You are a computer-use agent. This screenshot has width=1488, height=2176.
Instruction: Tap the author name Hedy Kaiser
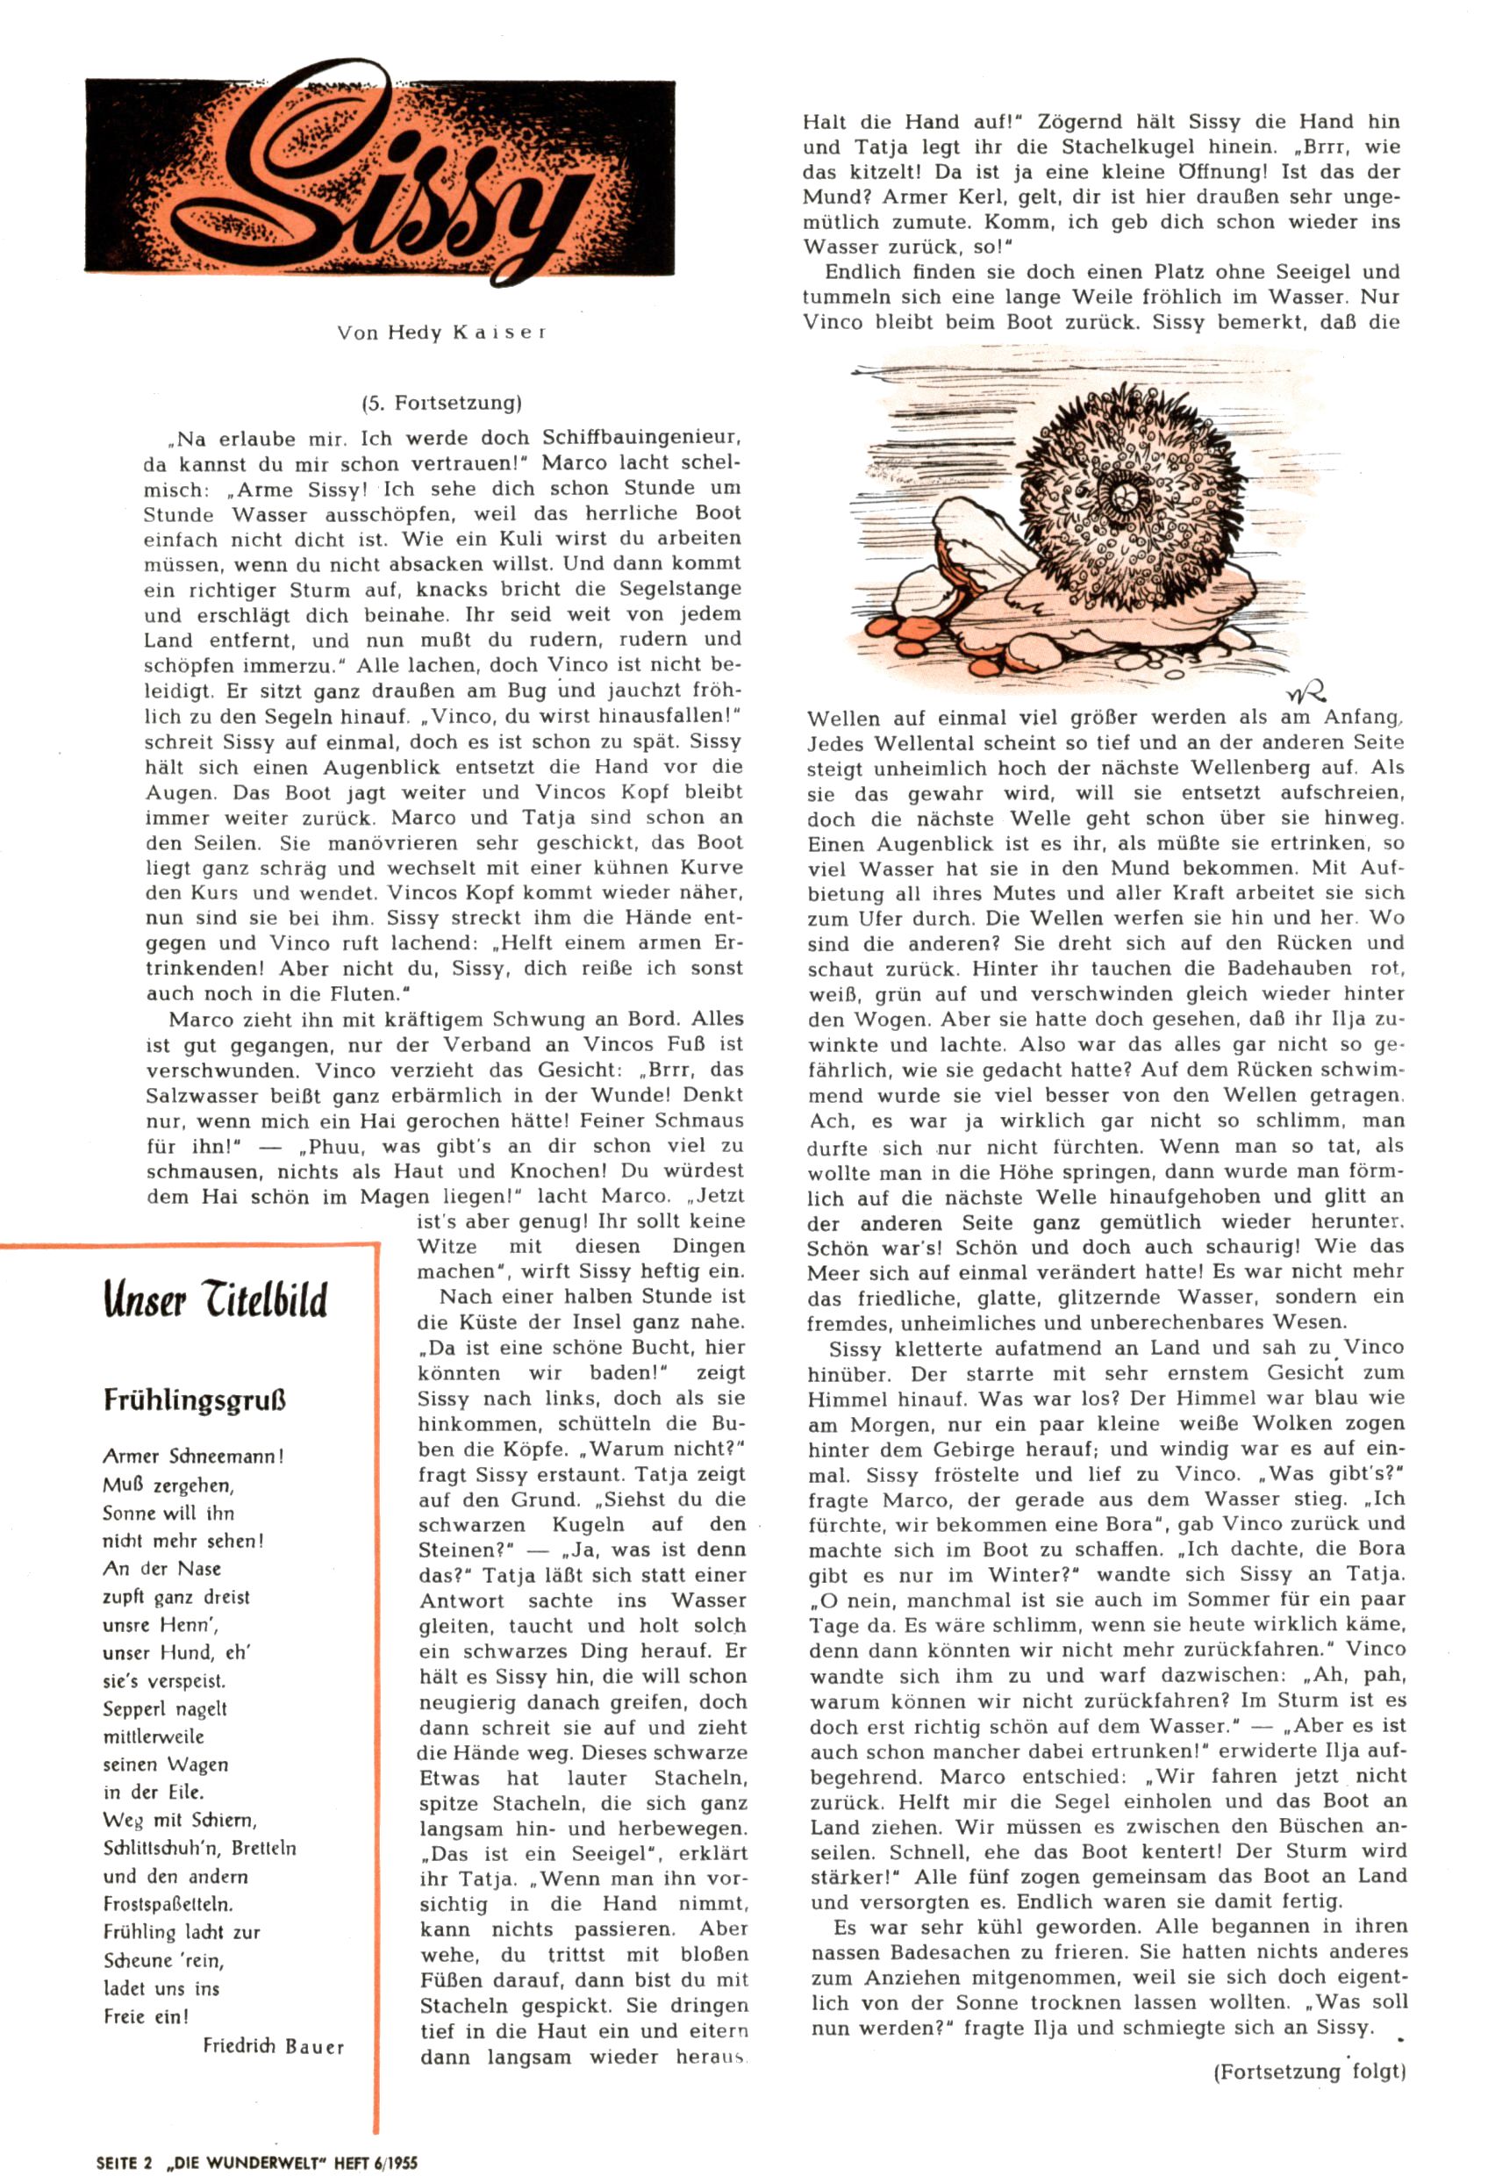click(442, 333)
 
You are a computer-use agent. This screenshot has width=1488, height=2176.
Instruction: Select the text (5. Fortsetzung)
click(441, 404)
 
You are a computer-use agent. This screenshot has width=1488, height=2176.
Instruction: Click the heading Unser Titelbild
click(215, 1299)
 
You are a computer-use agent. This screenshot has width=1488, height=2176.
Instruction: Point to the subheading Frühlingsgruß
click(195, 1399)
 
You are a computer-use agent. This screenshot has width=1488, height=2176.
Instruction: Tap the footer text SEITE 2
click(124, 2163)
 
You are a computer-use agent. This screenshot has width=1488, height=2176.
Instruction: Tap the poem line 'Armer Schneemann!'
click(193, 1457)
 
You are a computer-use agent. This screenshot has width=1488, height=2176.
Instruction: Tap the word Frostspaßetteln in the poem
click(168, 1905)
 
